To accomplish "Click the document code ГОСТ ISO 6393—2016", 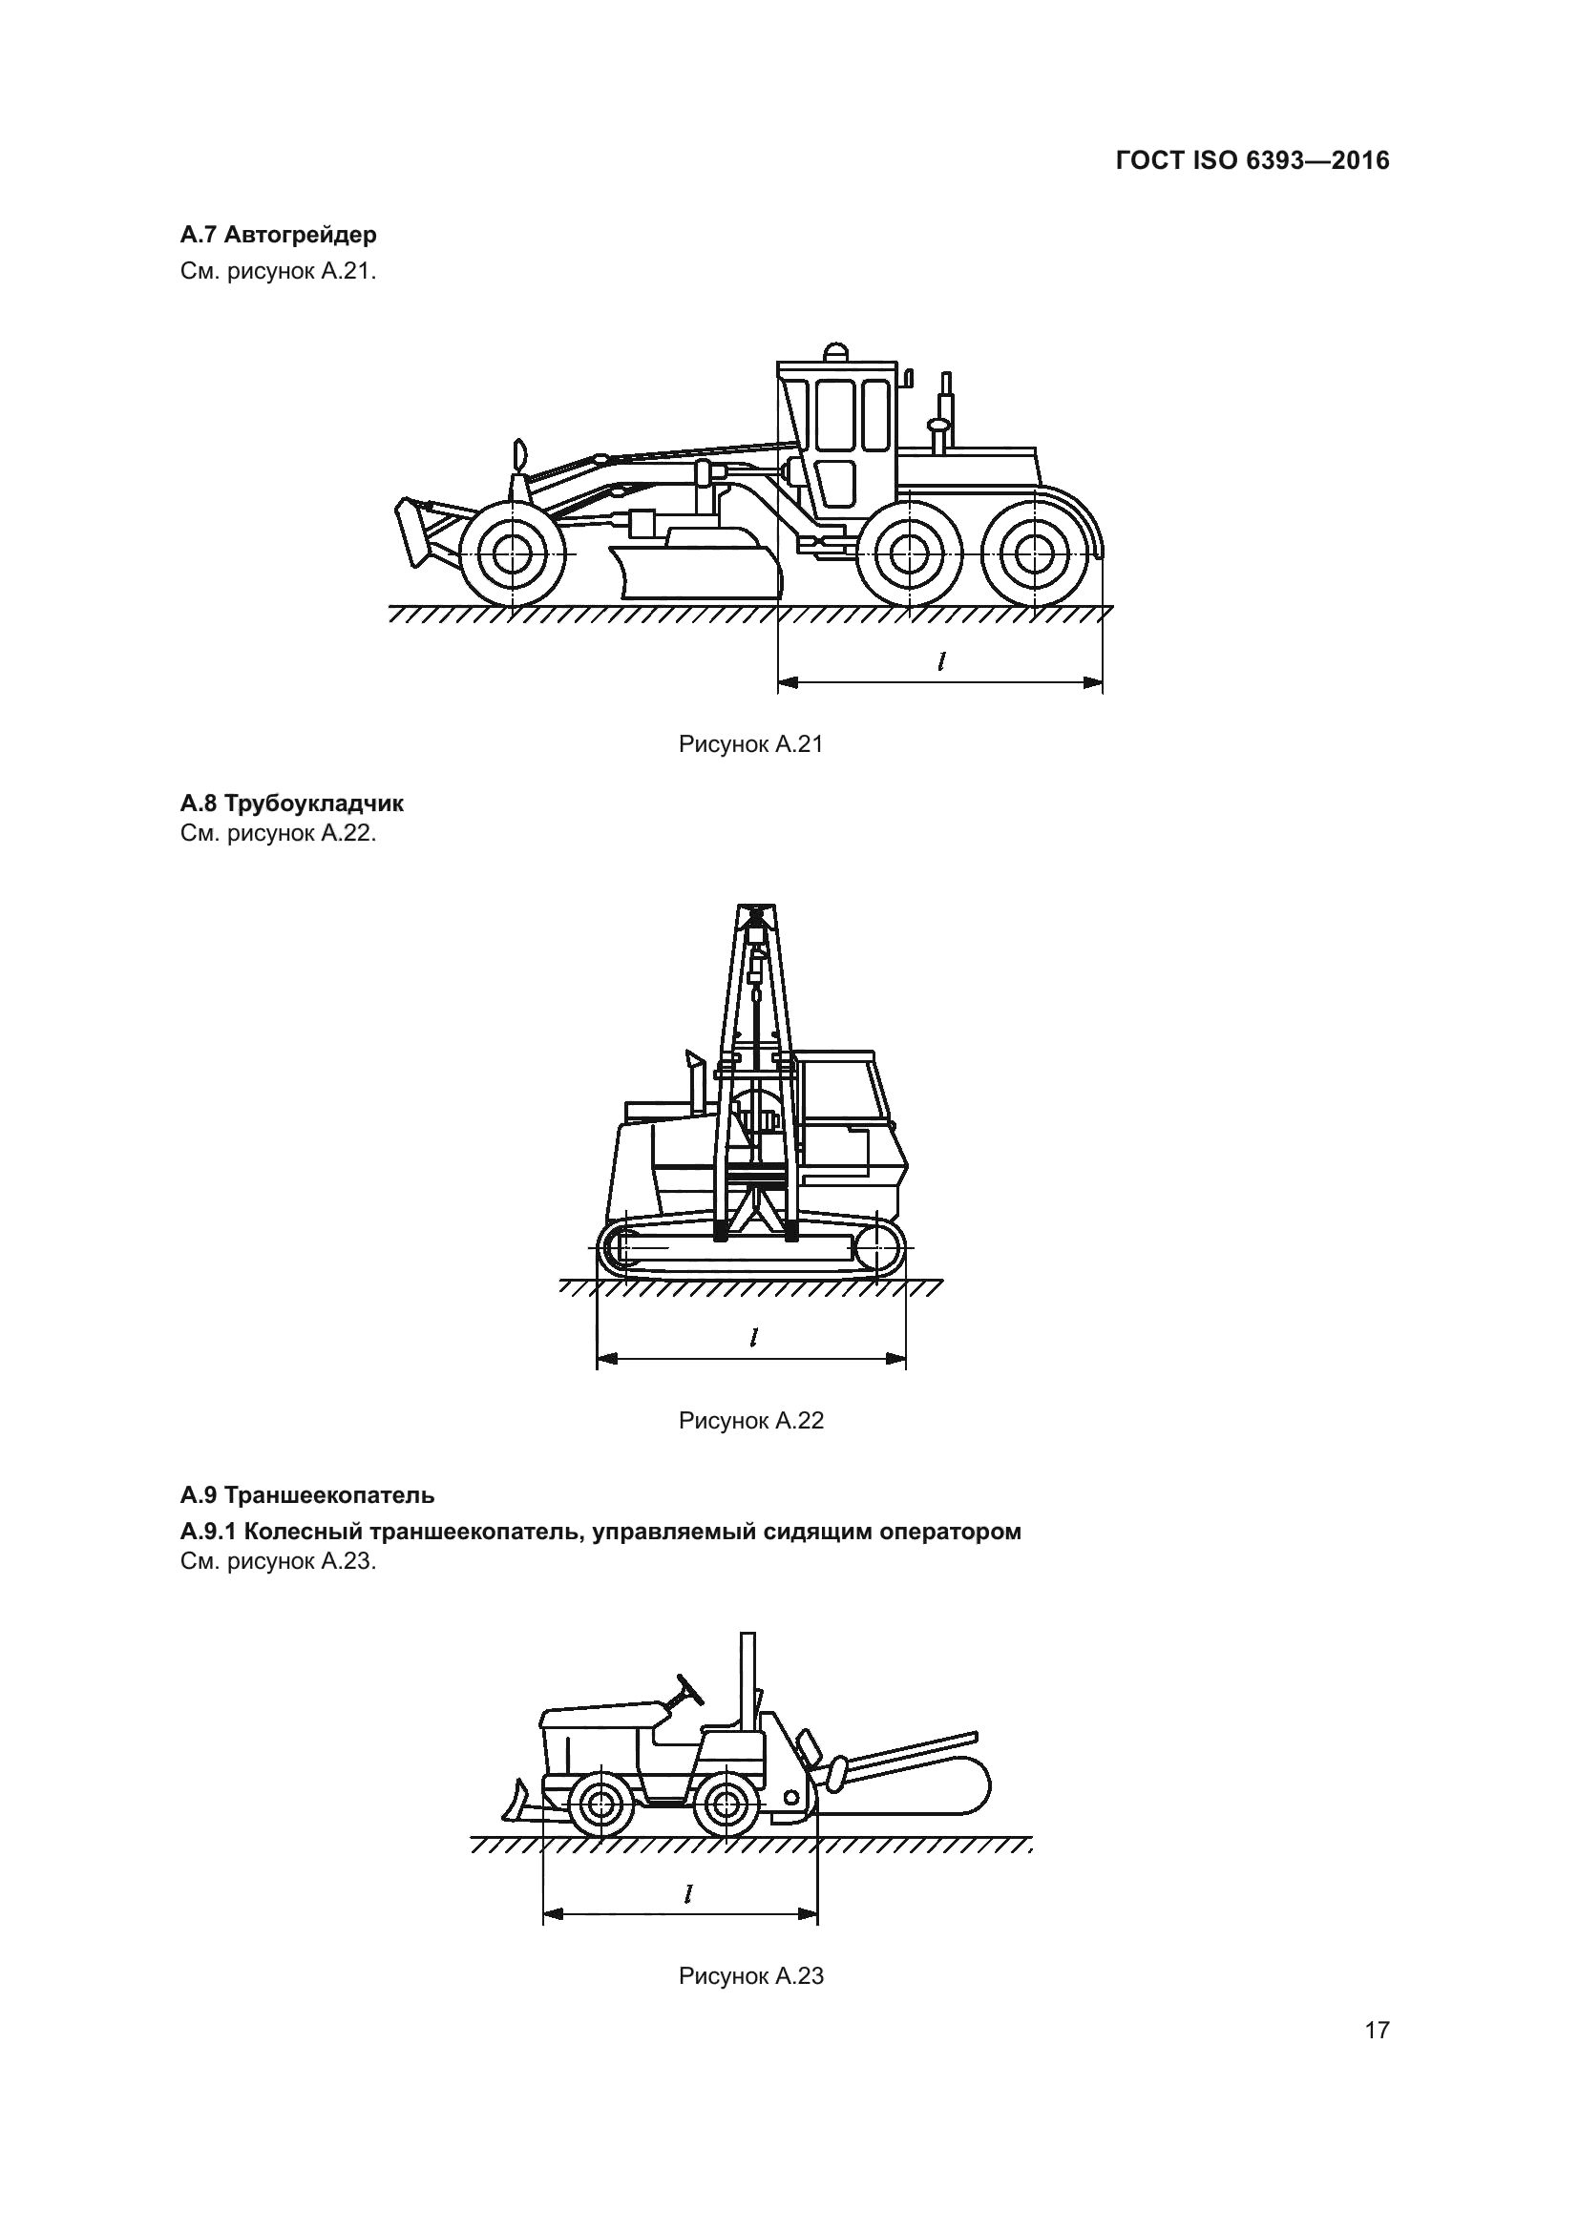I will [1253, 161].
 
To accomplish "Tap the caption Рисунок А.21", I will [750, 744].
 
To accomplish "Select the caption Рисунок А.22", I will [750, 1421].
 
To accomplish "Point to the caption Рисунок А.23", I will [750, 1976].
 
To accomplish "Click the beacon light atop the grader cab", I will [835, 351].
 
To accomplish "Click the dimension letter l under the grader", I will [940, 662].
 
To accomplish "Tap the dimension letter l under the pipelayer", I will [753, 1338].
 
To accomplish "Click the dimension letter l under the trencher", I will [687, 1893].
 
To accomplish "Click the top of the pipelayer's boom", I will [755, 913].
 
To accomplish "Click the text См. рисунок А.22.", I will [278, 833].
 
